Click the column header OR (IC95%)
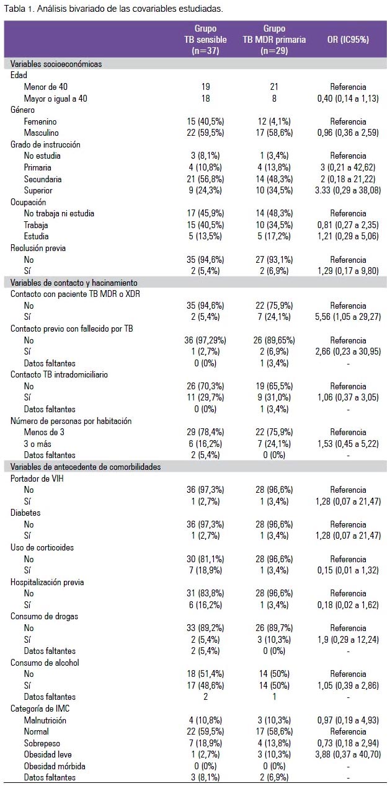(x=348, y=39)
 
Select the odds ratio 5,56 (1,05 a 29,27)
(x=348, y=317)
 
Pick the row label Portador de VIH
(x=38, y=479)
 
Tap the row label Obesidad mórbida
(x=55, y=766)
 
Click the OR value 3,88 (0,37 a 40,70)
(x=348, y=754)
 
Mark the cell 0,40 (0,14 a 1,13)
(x=348, y=99)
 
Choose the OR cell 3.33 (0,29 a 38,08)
(x=348, y=190)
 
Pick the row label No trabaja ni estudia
(x=59, y=213)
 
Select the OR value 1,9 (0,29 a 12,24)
(x=348, y=639)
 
